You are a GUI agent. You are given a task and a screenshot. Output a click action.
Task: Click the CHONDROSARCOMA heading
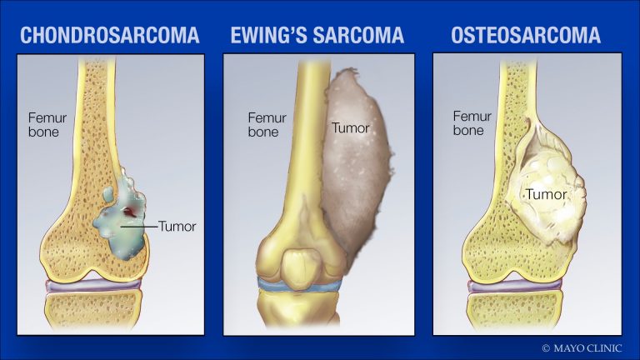pyautogui.click(x=110, y=35)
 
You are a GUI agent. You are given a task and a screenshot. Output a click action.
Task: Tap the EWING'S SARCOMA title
pyautogui.click(x=317, y=35)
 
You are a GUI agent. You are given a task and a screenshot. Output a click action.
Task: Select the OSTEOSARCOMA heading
pyautogui.click(x=526, y=35)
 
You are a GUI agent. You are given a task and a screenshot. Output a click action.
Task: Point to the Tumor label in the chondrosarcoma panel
pyautogui.click(x=177, y=225)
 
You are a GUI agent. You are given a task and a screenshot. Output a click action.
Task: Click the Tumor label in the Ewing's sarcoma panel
pyautogui.click(x=350, y=128)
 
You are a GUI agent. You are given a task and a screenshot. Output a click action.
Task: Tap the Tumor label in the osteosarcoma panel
pyautogui.click(x=546, y=195)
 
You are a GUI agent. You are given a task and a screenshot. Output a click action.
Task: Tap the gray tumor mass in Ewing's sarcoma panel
pyautogui.click(x=358, y=175)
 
